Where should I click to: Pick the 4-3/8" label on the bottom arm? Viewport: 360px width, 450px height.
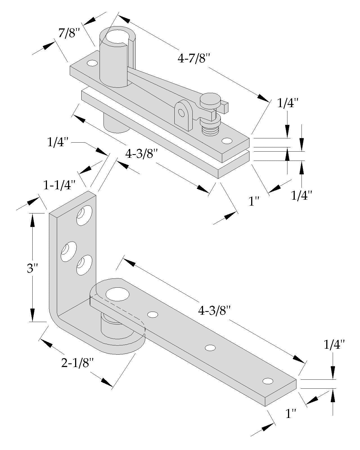(x=214, y=310)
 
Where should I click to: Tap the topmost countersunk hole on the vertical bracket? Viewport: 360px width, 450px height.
(x=84, y=215)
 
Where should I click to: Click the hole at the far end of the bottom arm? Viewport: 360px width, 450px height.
(x=268, y=381)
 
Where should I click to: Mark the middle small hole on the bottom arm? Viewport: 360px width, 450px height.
(x=210, y=348)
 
